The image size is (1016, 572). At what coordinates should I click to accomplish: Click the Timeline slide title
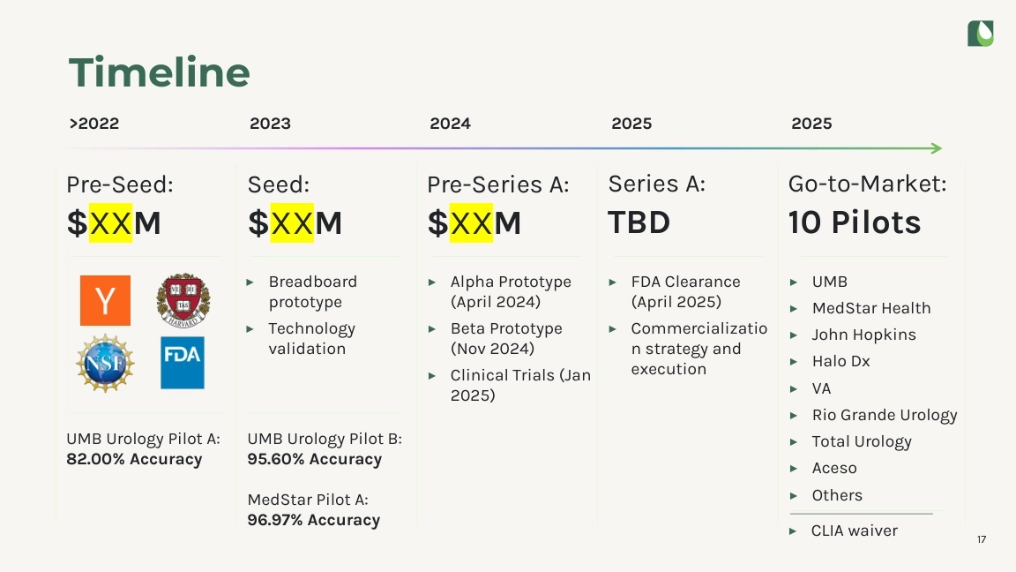pos(160,72)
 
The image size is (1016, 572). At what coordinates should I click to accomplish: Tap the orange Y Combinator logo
pos(105,300)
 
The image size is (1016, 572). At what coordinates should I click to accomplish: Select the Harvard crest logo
pos(183,300)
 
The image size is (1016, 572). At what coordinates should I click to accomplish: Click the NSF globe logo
pos(105,363)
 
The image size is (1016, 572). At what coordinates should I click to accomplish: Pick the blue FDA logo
pos(182,363)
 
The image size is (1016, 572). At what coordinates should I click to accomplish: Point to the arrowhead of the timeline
pos(937,148)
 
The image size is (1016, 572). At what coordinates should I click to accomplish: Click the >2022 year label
pos(94,124)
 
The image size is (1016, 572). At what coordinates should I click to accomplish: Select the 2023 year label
pos(270,124)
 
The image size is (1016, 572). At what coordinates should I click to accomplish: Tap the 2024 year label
pos(451,124)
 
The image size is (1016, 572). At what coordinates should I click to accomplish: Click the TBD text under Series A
pos(639,222)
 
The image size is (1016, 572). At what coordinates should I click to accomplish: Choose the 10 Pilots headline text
pos(854,222)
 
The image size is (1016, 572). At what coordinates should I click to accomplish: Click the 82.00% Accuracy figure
pos(134,459)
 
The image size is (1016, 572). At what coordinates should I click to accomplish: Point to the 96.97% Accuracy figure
pos(314,520)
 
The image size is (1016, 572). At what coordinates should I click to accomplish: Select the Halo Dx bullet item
pos(841,361)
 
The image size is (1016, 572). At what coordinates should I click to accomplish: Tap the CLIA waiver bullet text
pos(854,531)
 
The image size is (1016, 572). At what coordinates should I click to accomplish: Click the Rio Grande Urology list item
pos(885,415)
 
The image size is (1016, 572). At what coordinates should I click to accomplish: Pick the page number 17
pos(982,539)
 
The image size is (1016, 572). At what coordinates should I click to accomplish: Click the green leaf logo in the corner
pos(981,34)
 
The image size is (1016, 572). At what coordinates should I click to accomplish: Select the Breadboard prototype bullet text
pos(313,292)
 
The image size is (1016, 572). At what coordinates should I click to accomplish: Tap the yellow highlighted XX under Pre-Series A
pos(471,222)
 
